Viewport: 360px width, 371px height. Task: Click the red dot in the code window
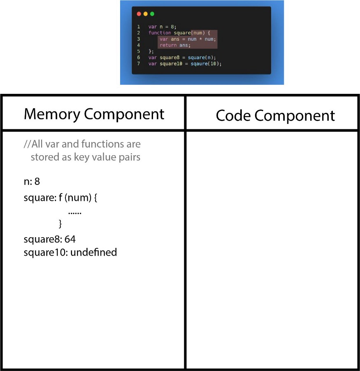[139, 14]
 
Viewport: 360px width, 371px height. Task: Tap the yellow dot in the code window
[146, 14]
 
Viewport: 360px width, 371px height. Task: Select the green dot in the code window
[152, 14]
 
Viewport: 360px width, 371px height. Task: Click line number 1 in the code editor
[139, 27]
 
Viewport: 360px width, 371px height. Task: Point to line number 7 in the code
[139, 64]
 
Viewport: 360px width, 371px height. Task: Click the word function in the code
[160, 33]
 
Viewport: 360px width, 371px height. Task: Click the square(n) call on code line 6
[202, 58]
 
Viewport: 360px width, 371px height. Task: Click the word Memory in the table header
[52, 114]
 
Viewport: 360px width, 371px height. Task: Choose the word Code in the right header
[233, 115]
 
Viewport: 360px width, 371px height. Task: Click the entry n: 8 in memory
[32, 182]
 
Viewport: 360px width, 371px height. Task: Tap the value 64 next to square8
[70, 239]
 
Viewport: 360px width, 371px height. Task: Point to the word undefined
[94, 252]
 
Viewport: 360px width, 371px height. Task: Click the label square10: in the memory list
[46, 253]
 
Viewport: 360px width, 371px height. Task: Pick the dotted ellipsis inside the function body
[75, 213]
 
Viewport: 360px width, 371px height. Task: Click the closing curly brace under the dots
[60, 224]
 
